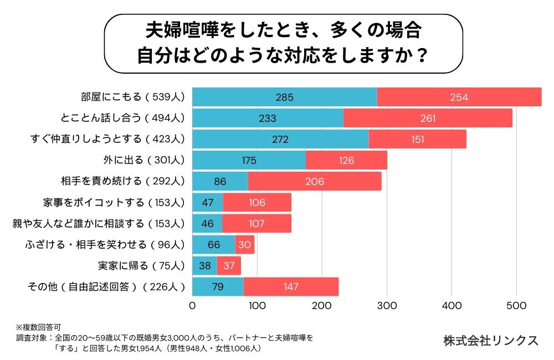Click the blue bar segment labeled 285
pyautogui.click(x=284, y=97)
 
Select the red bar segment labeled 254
pyautogui.click(x=459, y=97)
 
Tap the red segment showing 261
pyautogui.click(x=428, y=118)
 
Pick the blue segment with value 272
pyautogui.click(x=280, y=139)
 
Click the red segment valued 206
pyautogui.click(x=315, y=181)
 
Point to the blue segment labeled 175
pyautogui.click(x=249, y=160)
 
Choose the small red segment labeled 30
pyautogui.click(x=245, y=244)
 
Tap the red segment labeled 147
pyautogui.click(x=290, y=286)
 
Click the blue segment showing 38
pyautogui.click(x=204, y=265)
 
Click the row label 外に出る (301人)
pyautogui.click(x=143, y=161)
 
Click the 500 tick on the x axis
pyautogui.click(x=516, y=306)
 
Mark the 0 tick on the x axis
pyautogui.click(x=192, y=306)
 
